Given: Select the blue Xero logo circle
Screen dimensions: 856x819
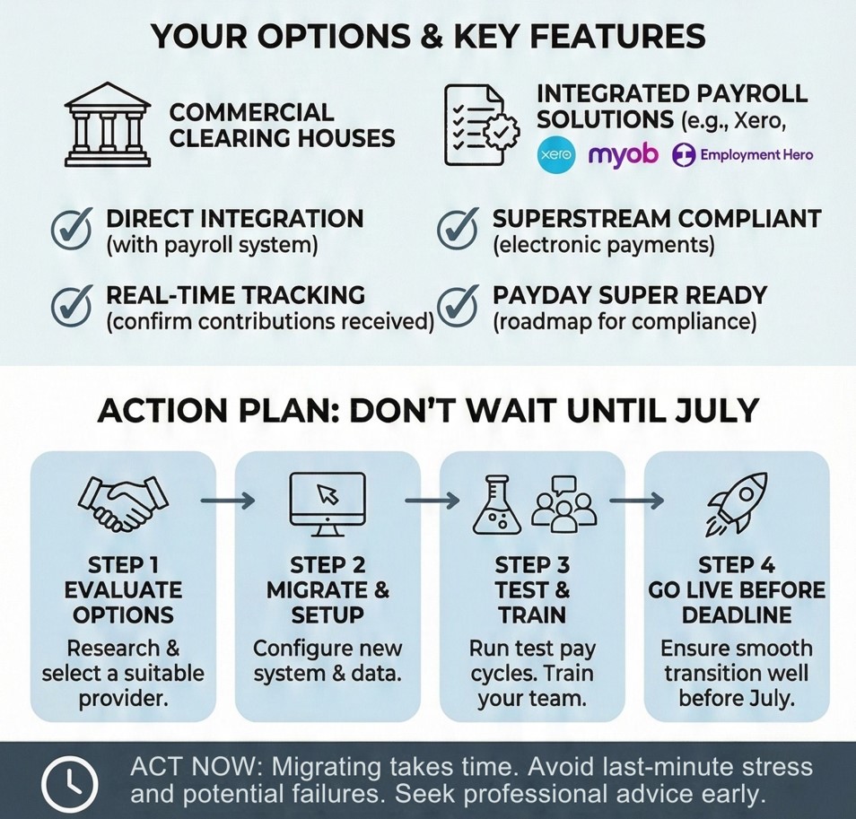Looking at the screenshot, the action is [555, 155].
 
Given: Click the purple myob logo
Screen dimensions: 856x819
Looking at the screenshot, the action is [623, 155].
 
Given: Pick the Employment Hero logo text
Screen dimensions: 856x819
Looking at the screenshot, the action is [756, 155].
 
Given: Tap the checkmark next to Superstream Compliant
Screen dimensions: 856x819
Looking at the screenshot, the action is [458, 229].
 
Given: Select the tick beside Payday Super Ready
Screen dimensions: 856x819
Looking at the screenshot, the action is [458, 306].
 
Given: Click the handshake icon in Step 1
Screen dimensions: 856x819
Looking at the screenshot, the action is [124, 503].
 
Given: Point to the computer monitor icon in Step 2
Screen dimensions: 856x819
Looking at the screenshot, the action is [328, 504].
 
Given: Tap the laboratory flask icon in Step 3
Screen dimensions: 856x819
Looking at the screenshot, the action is [495, 504].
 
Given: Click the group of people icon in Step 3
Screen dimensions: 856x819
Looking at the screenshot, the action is [563, 504].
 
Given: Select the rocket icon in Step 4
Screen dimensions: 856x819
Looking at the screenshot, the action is [737, 503].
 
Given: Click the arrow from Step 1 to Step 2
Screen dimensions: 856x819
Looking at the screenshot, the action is [228, 500].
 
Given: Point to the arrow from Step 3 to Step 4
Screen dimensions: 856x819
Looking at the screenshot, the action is [636, 500].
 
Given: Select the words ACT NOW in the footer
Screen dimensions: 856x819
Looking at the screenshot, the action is [193, 767].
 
